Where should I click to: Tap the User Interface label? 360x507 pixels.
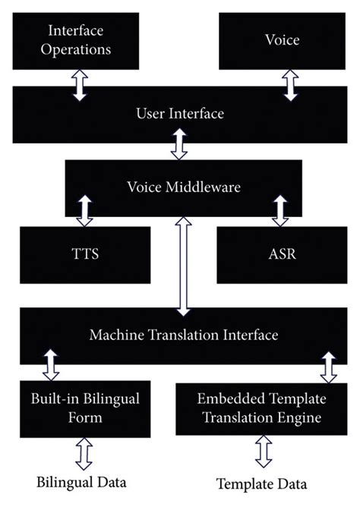point(180,115)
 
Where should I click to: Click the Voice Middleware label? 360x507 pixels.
point(182,187)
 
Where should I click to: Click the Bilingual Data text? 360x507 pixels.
point(81,482)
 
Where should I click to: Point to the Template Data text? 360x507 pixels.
point(263,483)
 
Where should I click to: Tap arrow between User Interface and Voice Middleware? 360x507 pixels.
point(179,143)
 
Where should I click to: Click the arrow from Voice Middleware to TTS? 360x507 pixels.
point(84,210)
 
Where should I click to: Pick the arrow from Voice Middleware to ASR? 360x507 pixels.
point(280,210)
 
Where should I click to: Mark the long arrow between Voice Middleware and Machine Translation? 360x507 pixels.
point(182,266)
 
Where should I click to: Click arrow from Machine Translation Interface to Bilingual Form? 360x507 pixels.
point(52,364)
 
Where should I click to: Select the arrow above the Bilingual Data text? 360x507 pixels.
point(83,454)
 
